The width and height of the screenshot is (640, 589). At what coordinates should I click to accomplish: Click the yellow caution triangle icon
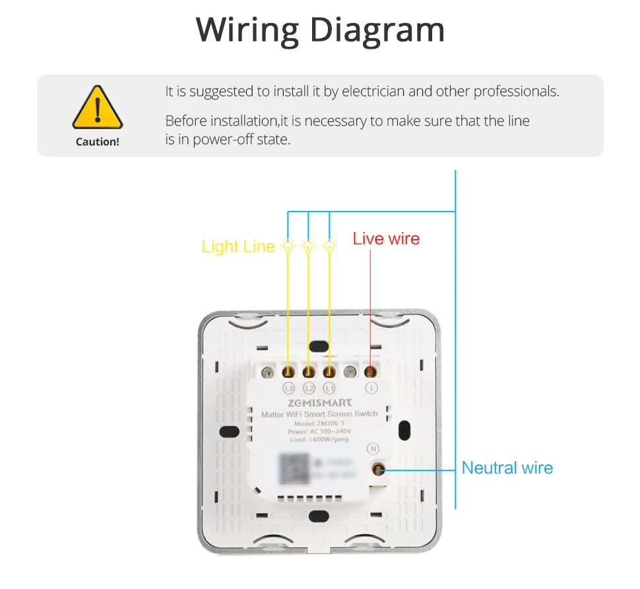point(97,108)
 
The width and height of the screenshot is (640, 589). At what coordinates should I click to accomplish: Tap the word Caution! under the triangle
point(98,142)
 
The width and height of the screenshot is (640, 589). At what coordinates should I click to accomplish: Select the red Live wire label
point(386,238)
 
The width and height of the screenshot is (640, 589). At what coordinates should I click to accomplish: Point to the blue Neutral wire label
point(507,468)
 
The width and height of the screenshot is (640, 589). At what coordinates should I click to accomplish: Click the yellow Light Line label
point(238,246)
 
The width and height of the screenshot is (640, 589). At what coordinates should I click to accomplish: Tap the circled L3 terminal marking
point(288,388)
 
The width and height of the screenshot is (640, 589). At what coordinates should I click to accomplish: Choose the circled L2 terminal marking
point(309,388)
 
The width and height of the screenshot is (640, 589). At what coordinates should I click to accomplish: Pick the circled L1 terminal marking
point(329,388)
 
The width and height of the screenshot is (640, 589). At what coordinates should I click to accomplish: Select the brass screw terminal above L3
point(288,372)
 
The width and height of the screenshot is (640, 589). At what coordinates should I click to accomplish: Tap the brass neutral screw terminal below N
point(379,470)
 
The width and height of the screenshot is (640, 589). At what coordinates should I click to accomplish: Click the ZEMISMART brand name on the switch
point(319,402)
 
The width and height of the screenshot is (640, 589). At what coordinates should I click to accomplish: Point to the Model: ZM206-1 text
point(319,423)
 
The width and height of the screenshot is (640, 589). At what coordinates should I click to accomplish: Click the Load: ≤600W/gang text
point(319,439)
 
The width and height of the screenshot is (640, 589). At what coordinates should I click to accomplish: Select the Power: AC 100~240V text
point(319,432)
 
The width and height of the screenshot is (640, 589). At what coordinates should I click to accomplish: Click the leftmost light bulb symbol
point(288,246)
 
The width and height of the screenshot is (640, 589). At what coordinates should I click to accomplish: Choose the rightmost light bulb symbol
point(329,246)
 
